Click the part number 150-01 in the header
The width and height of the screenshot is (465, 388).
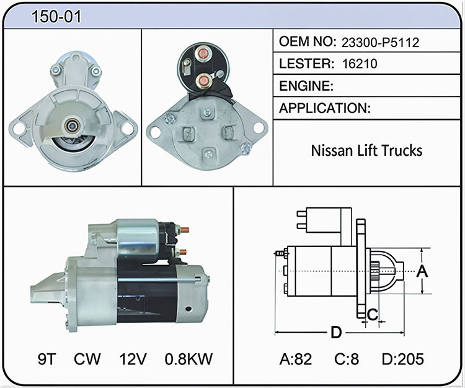(56, 16)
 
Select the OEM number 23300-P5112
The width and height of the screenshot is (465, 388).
(380, 43)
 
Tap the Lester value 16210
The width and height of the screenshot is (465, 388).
(360, 63)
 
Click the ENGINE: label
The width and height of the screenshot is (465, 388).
(306, 86)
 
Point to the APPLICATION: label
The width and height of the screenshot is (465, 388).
(325, 108)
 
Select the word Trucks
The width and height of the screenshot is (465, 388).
(401, 150)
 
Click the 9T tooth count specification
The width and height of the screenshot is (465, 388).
(47, 359)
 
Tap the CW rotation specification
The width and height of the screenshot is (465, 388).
(87, 359)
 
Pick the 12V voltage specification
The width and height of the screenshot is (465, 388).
(133, 359)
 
